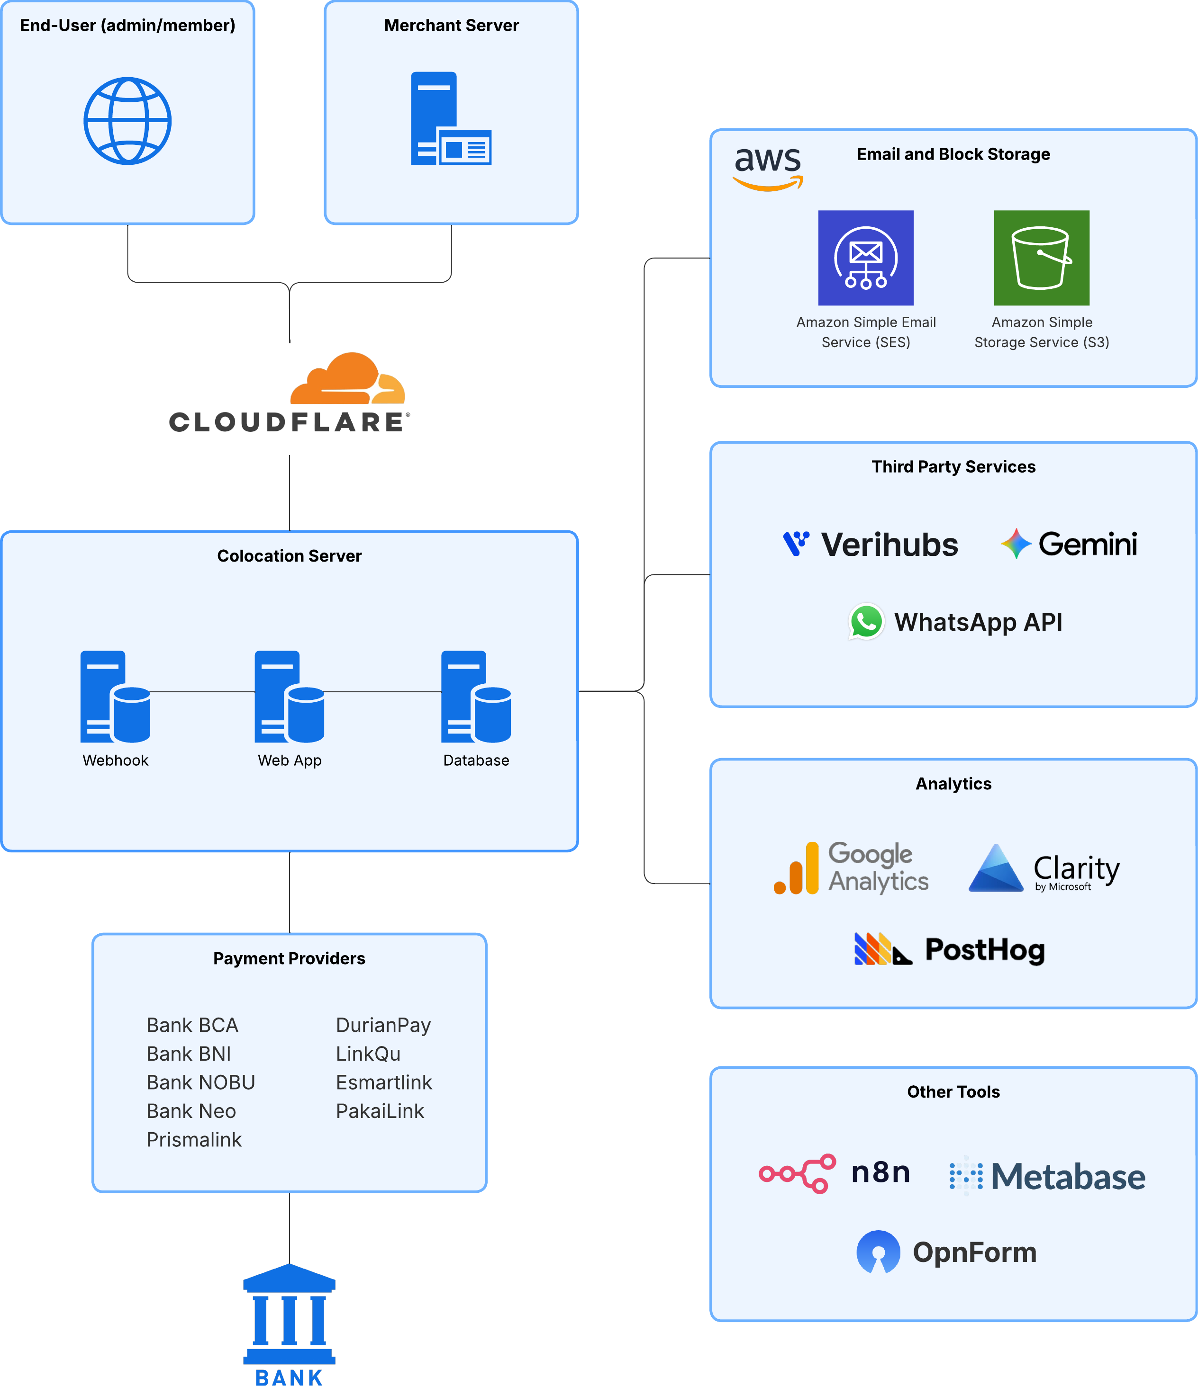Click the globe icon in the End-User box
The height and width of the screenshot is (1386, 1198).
pos(127,121)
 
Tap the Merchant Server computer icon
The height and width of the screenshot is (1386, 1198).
pos(450,118)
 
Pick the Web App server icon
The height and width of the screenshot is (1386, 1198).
pos(289,697)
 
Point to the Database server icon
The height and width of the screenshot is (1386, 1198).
pos(476,697)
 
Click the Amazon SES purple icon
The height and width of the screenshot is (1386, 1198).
pos(865,258)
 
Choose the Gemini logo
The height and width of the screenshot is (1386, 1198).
pos(1069,544)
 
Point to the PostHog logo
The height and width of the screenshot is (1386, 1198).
pos(949,949)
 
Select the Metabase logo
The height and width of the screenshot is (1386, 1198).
pos(1047,1176)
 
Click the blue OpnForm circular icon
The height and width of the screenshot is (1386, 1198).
pos(878,1252)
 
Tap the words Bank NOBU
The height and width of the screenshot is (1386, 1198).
pos(201,1082)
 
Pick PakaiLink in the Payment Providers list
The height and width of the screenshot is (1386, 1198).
pos(380,1111)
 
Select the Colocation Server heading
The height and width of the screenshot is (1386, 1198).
pos(289,556)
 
